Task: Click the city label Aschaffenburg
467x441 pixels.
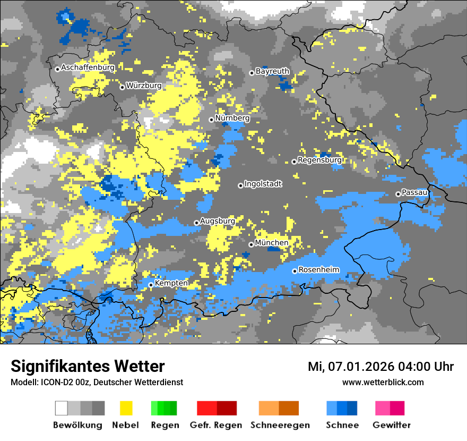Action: point(88,67)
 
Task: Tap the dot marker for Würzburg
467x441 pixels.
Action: point(122,87)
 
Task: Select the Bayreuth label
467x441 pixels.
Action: point(272,71)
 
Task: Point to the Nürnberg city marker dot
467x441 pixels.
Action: point(211,120)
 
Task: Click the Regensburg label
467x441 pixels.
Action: point(319,159)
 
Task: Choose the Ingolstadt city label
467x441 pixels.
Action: point(263,184)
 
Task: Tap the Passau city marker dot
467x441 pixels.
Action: point(398,194)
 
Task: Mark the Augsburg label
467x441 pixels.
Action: point(218,220)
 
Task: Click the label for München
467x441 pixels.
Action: point(272,243)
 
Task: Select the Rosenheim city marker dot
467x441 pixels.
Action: point(295,271)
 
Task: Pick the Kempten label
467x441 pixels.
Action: point(171,283)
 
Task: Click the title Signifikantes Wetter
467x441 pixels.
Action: point(88,366)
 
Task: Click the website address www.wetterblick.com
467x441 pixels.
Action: point(383,382)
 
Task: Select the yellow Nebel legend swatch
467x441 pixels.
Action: point(126,408)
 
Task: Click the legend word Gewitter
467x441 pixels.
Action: point(391,425)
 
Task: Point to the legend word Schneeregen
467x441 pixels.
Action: point(280,425)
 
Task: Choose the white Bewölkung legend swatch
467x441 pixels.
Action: point(62,408)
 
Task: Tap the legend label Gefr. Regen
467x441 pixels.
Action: point(215,425)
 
